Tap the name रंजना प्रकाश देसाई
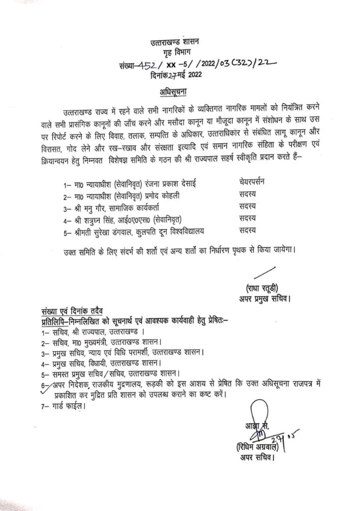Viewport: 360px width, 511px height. click(x=168, y=182)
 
